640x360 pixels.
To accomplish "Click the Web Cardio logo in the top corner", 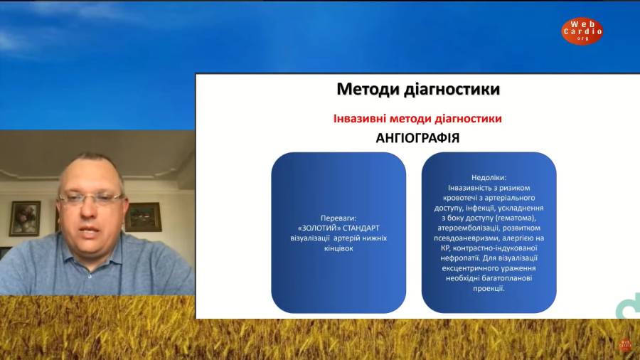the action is (x=582, y=31).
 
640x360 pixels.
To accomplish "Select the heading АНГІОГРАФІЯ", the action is (x=417, y=138).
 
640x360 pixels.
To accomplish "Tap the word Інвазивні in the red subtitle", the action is (x=360, y=118).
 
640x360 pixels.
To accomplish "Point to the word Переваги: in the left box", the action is (x=338, y=218).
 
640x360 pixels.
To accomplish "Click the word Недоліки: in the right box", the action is (x=489, y=178).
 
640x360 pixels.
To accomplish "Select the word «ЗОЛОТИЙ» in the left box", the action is (x=319, y=228).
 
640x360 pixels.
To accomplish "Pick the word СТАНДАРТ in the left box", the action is (x=361, y=228).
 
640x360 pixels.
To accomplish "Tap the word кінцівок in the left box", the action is (x=338, y=248).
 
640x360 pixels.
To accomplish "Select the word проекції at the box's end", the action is (x=489, y=288).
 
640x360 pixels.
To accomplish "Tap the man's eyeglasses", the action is (x=90, y=199).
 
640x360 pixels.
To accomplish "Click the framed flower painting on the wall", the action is (x=25, y=219).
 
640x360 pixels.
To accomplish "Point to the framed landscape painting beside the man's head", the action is (x=143, y=217).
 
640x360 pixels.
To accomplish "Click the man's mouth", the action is (x=90, y=231).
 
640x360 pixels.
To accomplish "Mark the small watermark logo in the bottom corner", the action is (x=625, y=345).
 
